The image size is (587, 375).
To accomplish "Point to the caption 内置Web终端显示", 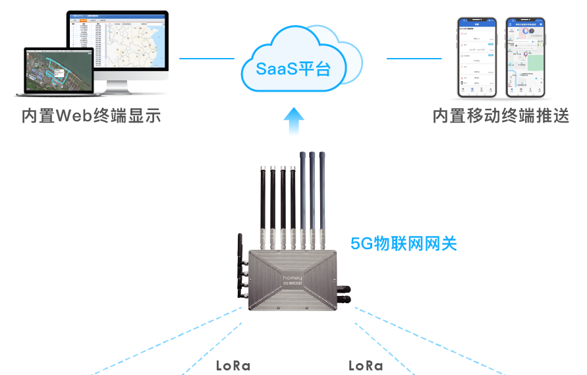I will point(91,116).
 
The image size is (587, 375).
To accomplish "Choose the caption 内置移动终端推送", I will point(501,116).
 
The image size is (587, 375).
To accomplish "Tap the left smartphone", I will point(478,58).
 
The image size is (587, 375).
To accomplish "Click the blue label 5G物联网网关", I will point(404,243).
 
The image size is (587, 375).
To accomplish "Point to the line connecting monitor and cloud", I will point(206,59).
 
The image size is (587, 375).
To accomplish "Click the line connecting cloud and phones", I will point(413,59).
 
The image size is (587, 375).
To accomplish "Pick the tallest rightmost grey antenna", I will point(323,191).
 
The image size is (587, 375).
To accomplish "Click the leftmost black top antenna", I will point(262,198).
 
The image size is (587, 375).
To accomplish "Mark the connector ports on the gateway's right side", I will point(345,294).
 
